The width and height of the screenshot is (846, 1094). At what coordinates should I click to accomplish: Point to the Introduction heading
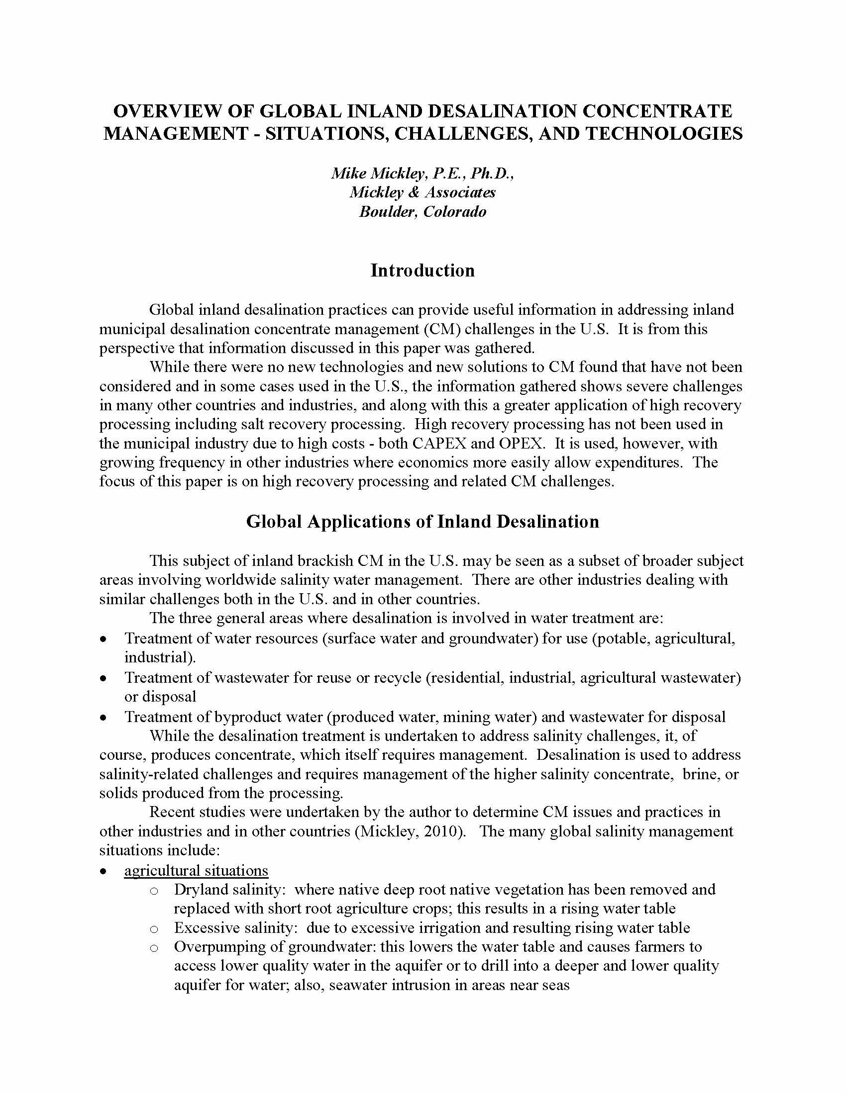click(423, 271)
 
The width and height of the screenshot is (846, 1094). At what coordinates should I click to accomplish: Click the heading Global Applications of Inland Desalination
click(423, 522)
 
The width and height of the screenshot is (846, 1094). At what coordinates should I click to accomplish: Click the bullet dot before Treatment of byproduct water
click(103, 718)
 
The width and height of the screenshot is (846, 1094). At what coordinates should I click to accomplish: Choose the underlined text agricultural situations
click(196, 871)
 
